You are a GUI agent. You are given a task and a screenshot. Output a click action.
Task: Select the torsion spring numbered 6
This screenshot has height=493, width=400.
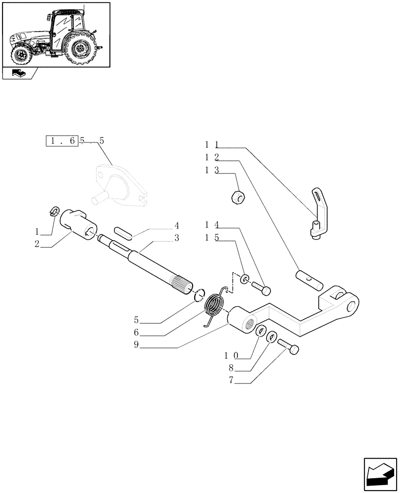[214, 306]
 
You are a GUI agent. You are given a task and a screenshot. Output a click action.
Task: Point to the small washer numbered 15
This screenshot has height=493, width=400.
[244, 280]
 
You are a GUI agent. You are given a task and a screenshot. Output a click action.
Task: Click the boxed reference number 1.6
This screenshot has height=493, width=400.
[62, 141]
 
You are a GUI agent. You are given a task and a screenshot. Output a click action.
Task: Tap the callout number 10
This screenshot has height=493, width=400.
[231, 355]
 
